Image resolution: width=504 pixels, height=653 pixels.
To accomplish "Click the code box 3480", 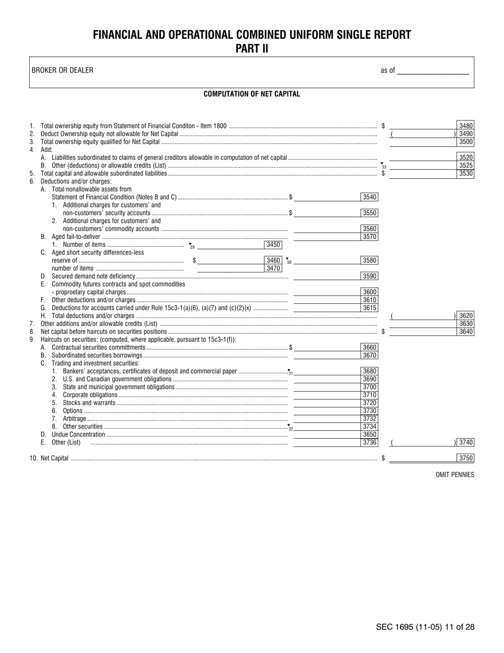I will (465, 126).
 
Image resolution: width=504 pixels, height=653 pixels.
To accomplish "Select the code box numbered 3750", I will (465, 458).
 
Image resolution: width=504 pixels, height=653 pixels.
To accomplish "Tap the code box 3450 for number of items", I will (273, 245).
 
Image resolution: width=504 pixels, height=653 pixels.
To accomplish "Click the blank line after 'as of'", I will (433, 71).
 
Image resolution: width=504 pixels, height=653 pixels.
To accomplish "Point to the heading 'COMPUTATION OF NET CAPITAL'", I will (251, 94).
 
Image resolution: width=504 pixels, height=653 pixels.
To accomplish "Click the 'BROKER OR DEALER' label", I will (62, 70).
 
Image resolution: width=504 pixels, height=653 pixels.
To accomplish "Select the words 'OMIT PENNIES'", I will (455, 475).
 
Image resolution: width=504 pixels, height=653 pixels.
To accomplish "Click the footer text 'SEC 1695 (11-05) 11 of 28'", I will (425, 627).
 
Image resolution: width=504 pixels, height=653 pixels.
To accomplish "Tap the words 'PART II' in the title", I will (251, 49).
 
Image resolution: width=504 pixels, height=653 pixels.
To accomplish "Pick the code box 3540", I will (369, 197).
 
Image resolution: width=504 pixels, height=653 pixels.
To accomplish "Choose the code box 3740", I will (465, 442).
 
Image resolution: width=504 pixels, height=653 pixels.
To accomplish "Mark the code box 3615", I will (369, 308).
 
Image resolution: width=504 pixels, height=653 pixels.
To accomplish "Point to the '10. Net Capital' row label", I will (49, 459).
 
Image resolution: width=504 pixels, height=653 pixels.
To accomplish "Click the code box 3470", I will (273, 268).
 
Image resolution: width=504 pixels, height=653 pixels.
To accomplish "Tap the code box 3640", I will (465, 332).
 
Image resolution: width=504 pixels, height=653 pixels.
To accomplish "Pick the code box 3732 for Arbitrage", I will (369, 418).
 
